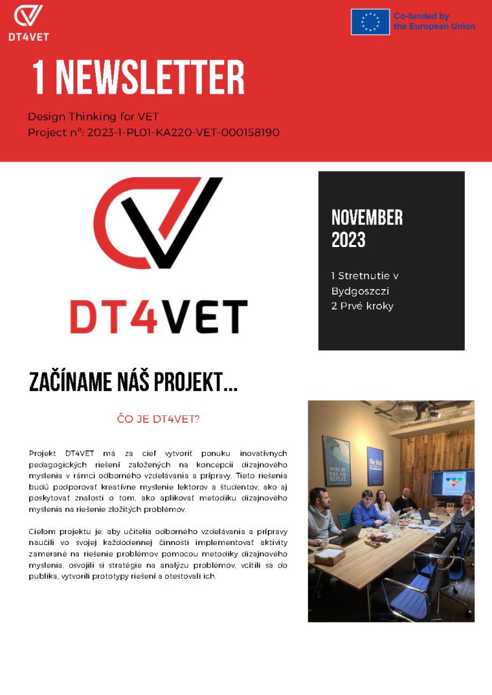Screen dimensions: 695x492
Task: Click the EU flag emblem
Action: (x=370, y=22)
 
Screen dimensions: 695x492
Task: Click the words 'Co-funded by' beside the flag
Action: (x=421, y=16)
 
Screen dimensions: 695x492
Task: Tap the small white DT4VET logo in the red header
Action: (x=29, y=22)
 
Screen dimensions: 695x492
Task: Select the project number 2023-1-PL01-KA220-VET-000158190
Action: (x=183, y=132)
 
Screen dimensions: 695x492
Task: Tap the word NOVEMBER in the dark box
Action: (x=367, y=217)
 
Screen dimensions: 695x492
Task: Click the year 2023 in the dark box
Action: (x=349, y=240)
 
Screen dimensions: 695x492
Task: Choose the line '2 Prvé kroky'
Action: (x=362, y=305)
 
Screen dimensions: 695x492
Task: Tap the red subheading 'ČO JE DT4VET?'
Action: (x=158, y=419)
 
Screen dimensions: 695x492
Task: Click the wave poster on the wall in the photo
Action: (x=336, y=461)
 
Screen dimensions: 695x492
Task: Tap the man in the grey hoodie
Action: (x=321, y=519)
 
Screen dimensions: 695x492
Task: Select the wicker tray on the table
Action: (x=329, y=557)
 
